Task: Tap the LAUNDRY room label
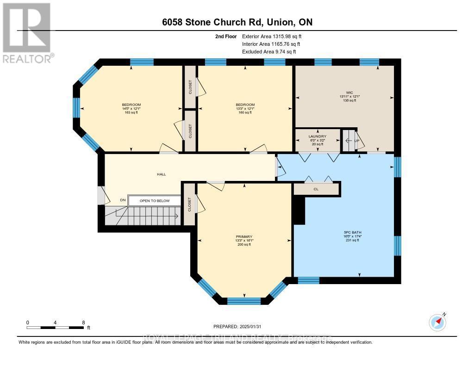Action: pyautogui.click(x=318, y=136)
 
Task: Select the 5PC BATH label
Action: pyautogui.click(x=349, y=231)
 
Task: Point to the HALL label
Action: pyautogui.click(x=161, y=174)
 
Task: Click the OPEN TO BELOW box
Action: pyautogui.click(x=155, y=201)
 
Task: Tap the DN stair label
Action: pyautogui.click(x=123, y=200)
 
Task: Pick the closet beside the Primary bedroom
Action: pyautogui.click(x=190, y=204)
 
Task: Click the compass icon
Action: pyautogui.click(x=437, y=322)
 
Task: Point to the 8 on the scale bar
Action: pyautogui.click(x=83, y=322)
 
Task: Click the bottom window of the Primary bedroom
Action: pyautogui.click(x=244, y=301)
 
